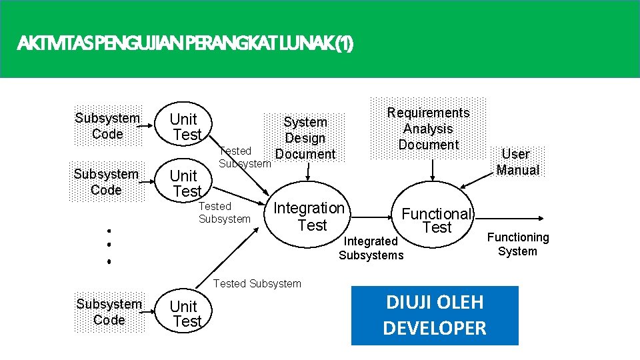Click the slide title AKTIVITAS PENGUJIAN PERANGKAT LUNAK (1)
(x=186, y=45)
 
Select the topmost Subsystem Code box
(x=107, y=126)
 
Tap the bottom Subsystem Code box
(x=109, y=312)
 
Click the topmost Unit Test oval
(x=185, y=127)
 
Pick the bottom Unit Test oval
(x=185, y=313)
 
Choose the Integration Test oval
(x=309, y=217)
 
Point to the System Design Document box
(x=305, y=138)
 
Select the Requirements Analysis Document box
(x=429, y=129)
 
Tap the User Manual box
(x=517, y=162)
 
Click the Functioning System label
(x=517, y=244)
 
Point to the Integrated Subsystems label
(x=371, y=248)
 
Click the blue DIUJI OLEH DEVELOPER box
(x=435, y=315)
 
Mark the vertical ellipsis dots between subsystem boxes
(x=108, y=246)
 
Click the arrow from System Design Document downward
(x=307, y=171)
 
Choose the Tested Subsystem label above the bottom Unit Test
(x=257, y=284)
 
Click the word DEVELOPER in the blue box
(x=435, y=328)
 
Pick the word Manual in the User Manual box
(x=518, y=170)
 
